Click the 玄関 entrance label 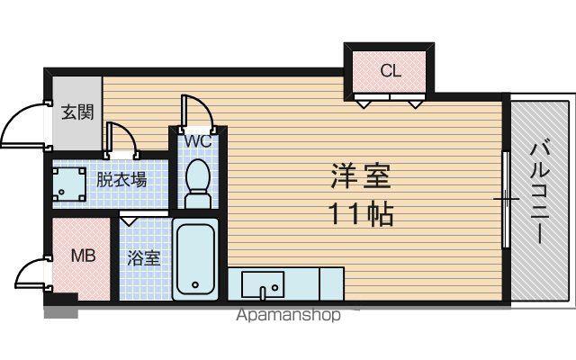pyautogui.click(x=77, y=112)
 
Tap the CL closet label pyautogui.click(x=391, y=70)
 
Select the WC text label pyautogui.click(x=198, y=140)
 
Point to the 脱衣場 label pyautogui.click(x=121, y=180)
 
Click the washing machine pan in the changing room pyautogui.click(x=68, y=184)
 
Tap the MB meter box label pyautogui.click(x=84, y=256)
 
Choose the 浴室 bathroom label pyautogui.click(x=144, y=258)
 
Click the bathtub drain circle pyautogui.click(x=195, y=284)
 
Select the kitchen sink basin pyautogui.click(x=263, y=284)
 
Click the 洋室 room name pyautogui.click(x=360, y=176)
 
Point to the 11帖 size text pyautogui.click(x=362, y=214)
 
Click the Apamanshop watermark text pyautogui.click(x=289, y=315)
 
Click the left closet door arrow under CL pyautogui.click(x=364, y=104)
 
